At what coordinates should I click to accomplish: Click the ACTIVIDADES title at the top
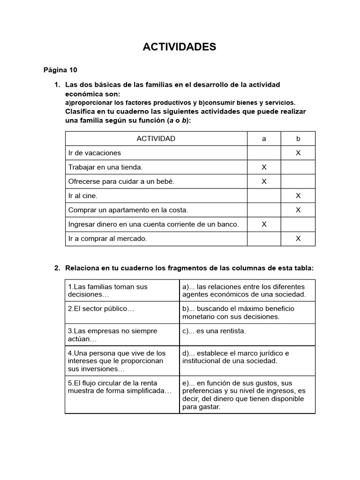tap(180, 46)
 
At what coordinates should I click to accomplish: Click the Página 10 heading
tap(60, 70)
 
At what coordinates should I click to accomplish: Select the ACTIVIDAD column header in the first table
tap(156, 139)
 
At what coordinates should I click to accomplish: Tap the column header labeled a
tap(264, 139)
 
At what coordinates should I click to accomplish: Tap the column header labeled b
tap(298, 139)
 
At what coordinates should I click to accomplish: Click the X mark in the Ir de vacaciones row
tap(298, 153)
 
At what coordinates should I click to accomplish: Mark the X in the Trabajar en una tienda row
tap(264, 167)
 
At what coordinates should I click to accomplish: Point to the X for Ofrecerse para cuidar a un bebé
tap(264, 181)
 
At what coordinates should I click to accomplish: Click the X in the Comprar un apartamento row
tap(298, 210)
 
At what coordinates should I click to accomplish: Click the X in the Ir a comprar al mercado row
tap(298, 239)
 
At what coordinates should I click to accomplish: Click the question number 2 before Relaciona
tap(57, 268)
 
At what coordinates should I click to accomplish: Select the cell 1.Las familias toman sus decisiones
tap(122, 291)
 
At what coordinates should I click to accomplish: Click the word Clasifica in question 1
tap(79, 111)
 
